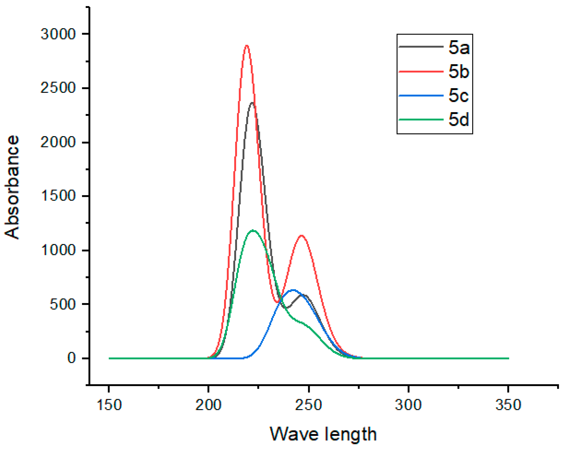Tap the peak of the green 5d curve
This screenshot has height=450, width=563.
coord(253,230)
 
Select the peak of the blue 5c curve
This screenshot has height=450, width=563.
coord(293,290)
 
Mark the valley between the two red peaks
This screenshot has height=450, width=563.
coord(277,302)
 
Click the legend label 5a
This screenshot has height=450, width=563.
coord(459,48)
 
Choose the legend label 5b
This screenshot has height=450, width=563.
coord(459,71)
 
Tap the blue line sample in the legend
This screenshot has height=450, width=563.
coord(421,96)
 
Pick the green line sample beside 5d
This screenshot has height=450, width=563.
coord(421,120)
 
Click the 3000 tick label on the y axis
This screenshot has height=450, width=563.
coord(58,34)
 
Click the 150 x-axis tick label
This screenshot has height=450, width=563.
coord(109,405)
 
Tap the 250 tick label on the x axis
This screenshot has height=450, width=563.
coord(309,405)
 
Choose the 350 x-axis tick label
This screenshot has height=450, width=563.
coord(508,405)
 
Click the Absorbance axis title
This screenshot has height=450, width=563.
coord(12,187)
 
